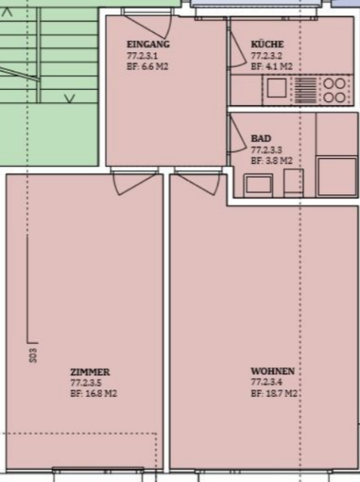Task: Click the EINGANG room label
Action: click(x=148, y=44)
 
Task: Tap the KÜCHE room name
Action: click(x=267, y=44)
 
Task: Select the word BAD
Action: click(x=261, y=139)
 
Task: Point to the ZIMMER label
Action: click(x=90, y=372)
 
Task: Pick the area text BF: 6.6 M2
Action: click(x=148, y=67)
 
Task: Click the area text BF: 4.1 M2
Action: click(x=272, y=67)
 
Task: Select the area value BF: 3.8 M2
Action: click(x=272, y=161)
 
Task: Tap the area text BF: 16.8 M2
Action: click(x=94, y=394)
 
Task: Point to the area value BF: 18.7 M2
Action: click(x=274, y=394)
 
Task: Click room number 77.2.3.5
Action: click(x=86, y=383)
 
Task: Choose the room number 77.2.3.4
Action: click(x=267, y=382)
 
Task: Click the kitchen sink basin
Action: click(x=276, y=88)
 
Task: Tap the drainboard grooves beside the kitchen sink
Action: click(x=305, y=90)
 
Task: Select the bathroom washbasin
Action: click(x=259, y=186)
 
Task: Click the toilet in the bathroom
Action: click(x=293, y=182)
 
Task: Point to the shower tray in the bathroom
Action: click(x=337, y=177)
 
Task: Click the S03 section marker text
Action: click(x=33, y=355)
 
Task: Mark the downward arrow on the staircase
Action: click(x=69, y=98)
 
